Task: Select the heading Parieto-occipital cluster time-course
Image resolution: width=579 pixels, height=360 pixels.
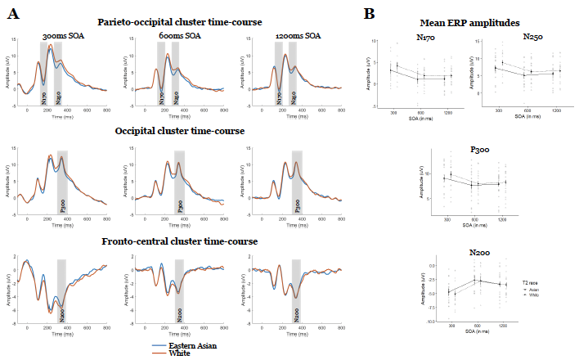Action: tap(177, 21)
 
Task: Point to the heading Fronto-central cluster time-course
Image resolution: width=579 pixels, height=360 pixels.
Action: tap(177, 241)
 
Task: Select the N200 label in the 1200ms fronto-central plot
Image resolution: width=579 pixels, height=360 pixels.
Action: tap(296, 313)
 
